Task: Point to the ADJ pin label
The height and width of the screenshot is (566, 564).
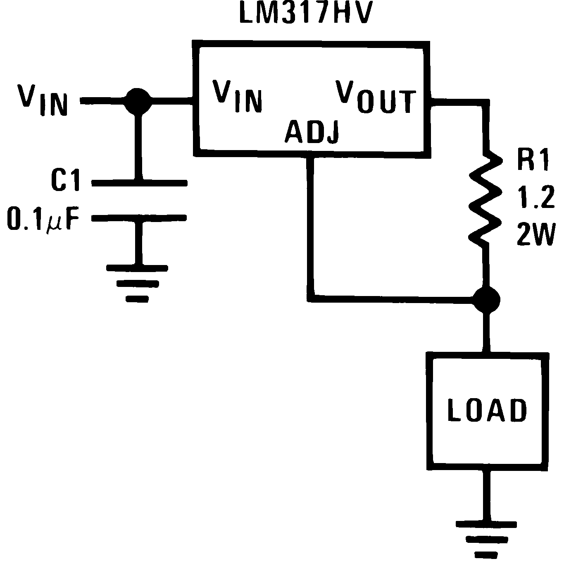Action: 312,131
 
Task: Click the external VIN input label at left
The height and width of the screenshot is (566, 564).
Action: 42,100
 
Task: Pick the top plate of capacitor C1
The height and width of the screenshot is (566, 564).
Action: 139,182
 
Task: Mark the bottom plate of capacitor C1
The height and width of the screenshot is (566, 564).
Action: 139,218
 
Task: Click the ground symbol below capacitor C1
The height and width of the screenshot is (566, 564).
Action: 137,283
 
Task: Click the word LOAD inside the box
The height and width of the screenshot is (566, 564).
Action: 488,411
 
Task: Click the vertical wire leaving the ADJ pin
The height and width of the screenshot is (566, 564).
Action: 311,223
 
